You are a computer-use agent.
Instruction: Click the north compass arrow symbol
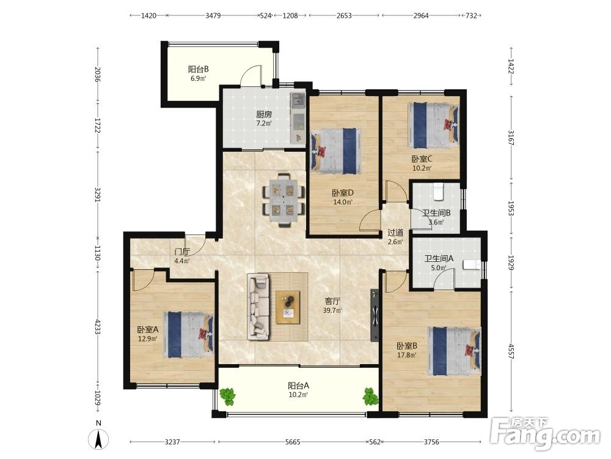(x=98, y=439)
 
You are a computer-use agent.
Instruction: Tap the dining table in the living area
(x=284, y=200)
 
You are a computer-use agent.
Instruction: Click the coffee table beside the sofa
(x=288, y=307)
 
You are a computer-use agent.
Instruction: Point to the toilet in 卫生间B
(x=439, y=191)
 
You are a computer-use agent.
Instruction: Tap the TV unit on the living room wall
(x=375, y=315)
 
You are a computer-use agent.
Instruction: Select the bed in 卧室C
(x=433, y=125)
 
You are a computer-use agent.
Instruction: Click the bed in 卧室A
(x=189, y=334)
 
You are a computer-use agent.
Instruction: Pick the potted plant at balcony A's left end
(x=227, y=396)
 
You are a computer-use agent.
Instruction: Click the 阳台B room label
(x=199, y=70)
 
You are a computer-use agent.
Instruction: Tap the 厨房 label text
(x=264, y=114)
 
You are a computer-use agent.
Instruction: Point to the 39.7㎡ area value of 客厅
(x=332, y=311)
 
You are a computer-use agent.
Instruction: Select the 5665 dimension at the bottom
(x=293, y=442)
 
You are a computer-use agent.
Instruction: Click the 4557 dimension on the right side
(x=511, y=351)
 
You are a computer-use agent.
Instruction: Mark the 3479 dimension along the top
(x=213, y=16)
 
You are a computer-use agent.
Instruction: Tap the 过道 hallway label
(x=395, y=233)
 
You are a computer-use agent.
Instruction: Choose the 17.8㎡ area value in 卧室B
(x=407, y=355)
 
